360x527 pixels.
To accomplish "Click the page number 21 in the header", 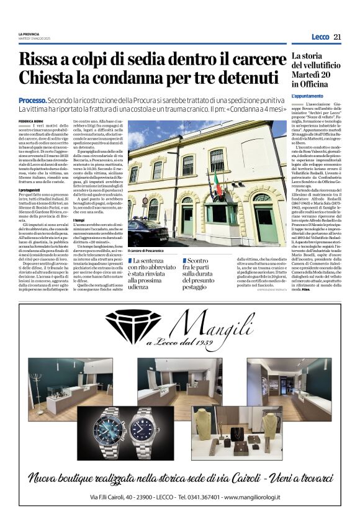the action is [337, 37].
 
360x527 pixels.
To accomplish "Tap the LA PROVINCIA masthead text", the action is [29, 34].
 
